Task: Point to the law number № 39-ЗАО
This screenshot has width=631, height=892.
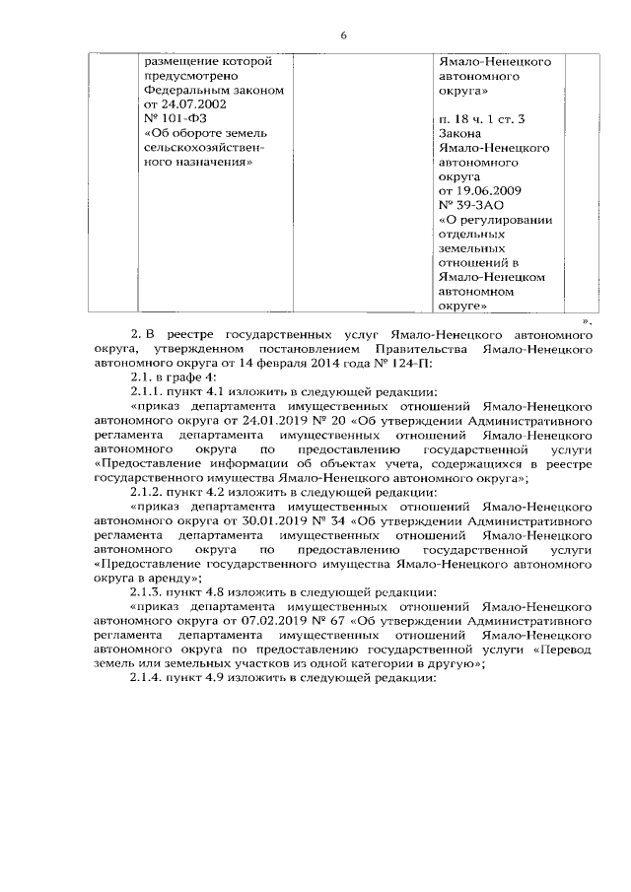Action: [x=475, y=206]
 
